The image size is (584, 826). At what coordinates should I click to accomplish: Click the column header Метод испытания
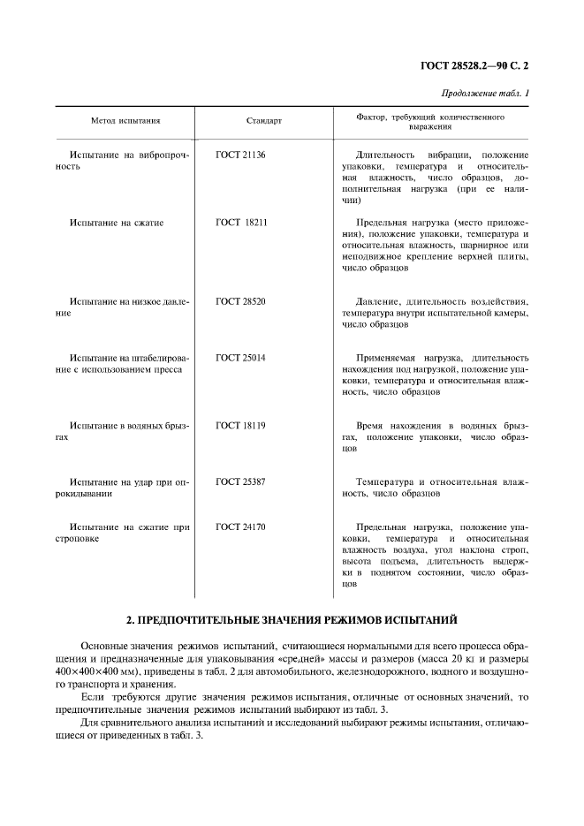125,120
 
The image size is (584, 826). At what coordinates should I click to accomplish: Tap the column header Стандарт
263,120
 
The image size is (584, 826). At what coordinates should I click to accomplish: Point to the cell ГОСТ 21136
240,155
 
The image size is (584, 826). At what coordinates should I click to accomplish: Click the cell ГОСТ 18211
240,223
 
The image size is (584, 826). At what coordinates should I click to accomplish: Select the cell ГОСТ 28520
240,302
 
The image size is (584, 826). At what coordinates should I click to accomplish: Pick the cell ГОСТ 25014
240,358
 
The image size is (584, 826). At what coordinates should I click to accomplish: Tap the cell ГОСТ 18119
240,426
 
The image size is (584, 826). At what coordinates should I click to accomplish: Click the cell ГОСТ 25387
240,482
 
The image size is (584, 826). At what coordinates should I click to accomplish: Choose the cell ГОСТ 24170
240,527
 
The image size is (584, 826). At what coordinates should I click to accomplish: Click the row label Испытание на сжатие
117,223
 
